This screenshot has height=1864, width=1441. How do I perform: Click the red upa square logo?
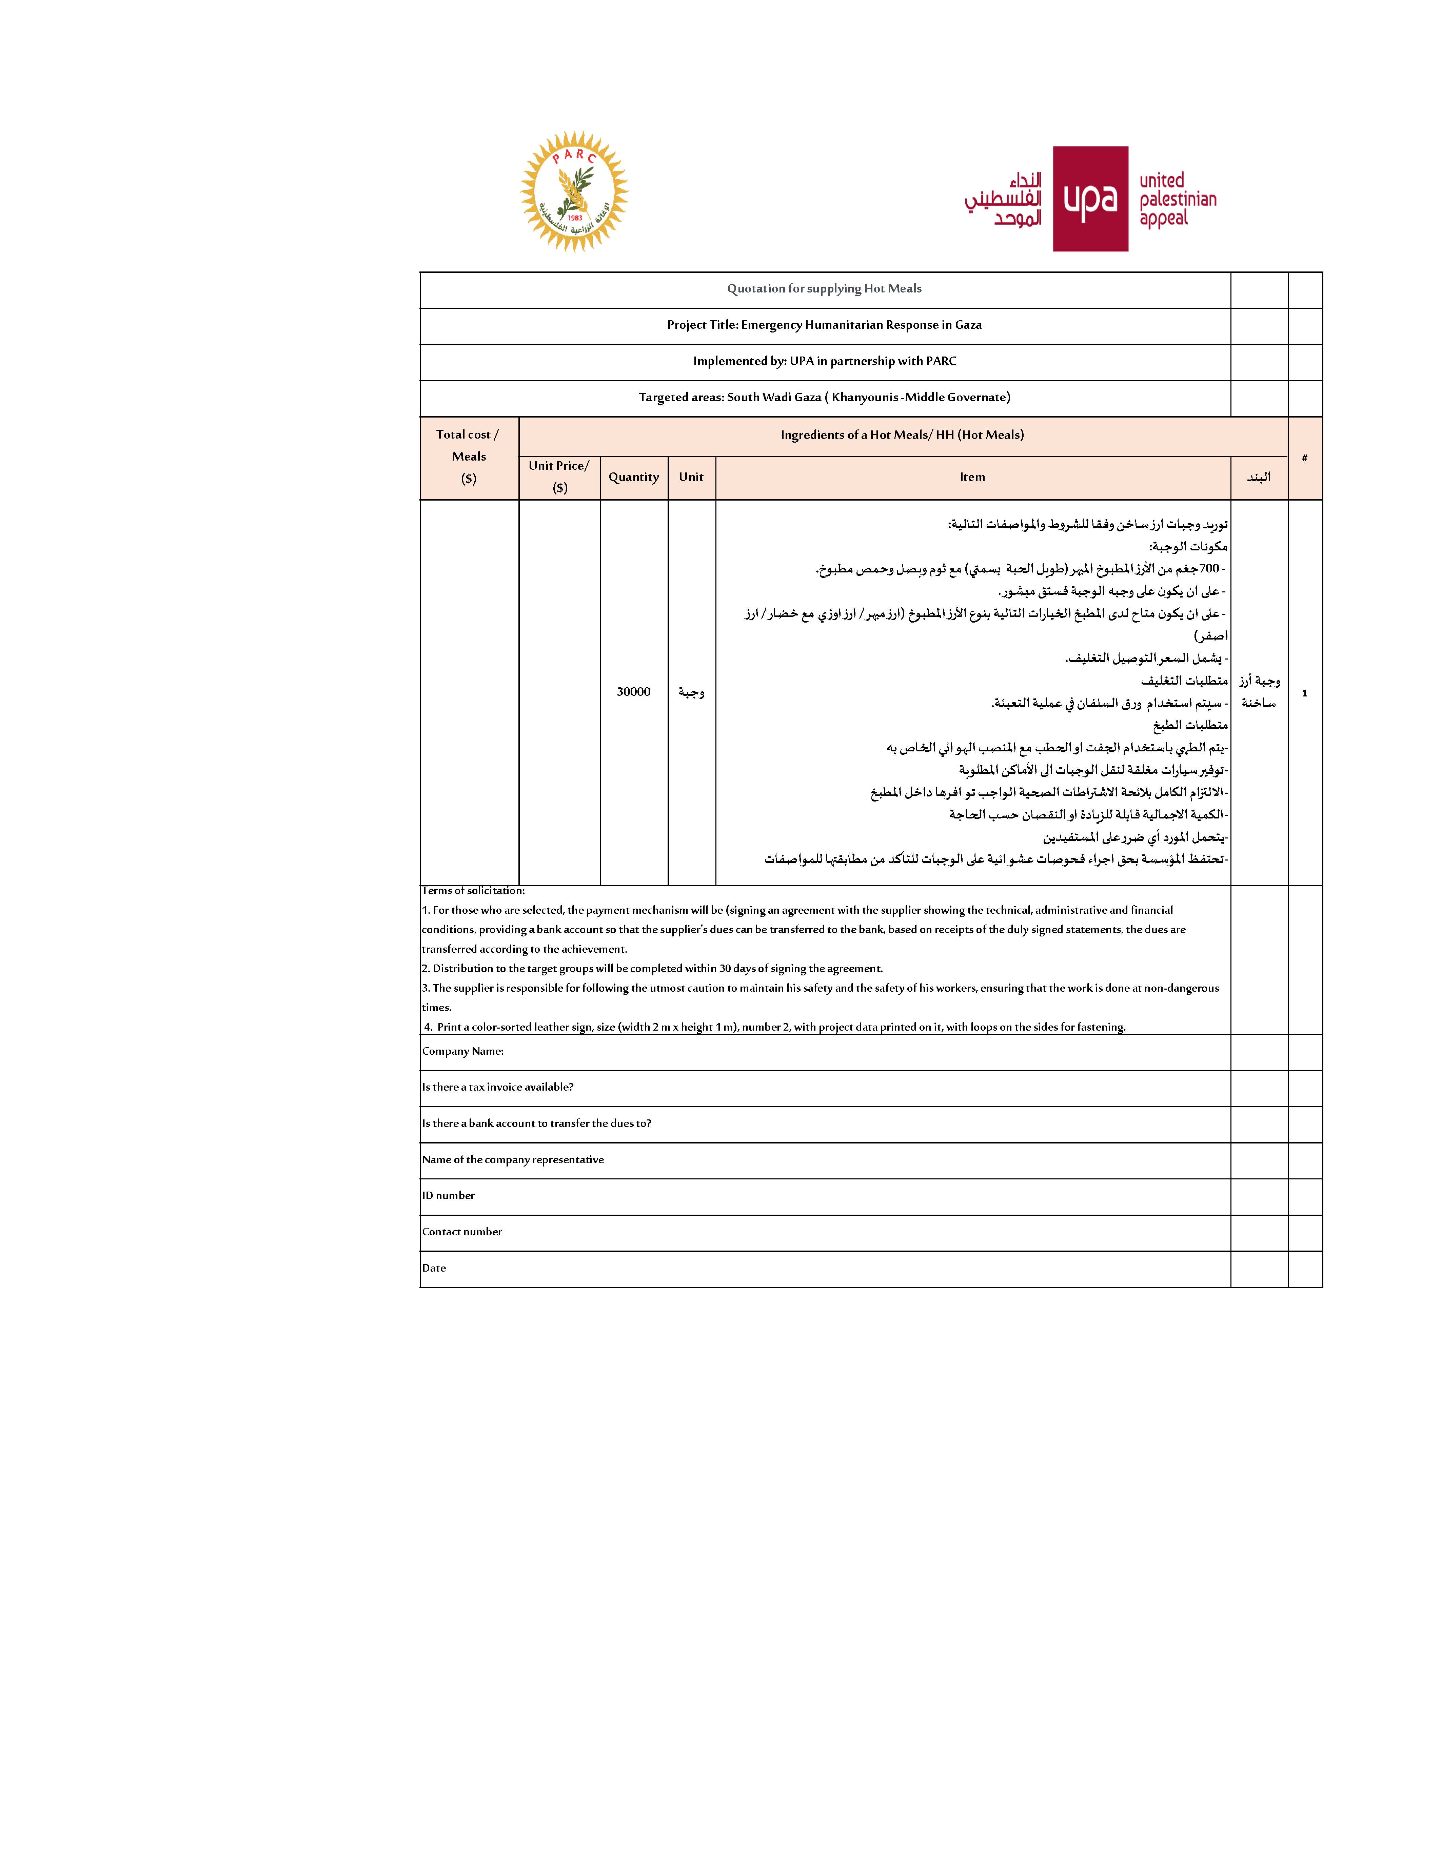(x=1090, y=199)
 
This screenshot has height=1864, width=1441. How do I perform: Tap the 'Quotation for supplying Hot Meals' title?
(x=824, y=288)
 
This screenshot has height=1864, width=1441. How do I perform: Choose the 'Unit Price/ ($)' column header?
(x=559, y=476)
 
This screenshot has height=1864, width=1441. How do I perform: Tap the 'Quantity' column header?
(x=633, y=477)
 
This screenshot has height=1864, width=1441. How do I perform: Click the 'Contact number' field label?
(x=462, y=1232)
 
